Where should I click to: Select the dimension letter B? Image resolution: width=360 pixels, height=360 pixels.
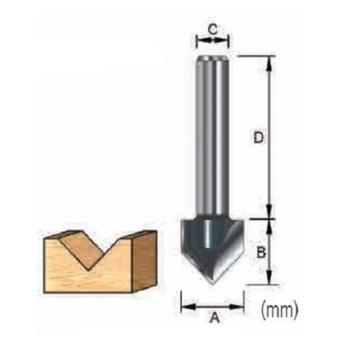tap(260, 252)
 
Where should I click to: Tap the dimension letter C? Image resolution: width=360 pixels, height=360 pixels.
tap(212, 28)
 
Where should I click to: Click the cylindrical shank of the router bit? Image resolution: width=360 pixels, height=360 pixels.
tap(212, 138)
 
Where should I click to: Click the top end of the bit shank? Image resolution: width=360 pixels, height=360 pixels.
tap(212, 58)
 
